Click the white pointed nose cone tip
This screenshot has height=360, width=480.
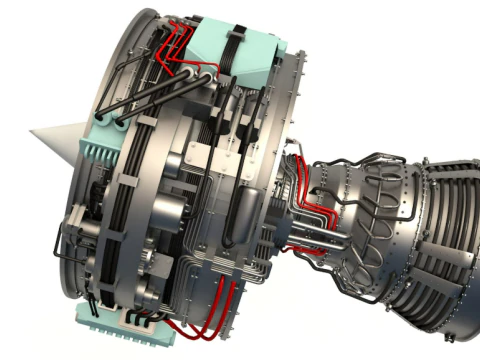tap(33, 136)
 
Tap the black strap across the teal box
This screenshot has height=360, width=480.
tap(237, 50)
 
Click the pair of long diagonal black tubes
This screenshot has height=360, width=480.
tap(150, 95)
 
